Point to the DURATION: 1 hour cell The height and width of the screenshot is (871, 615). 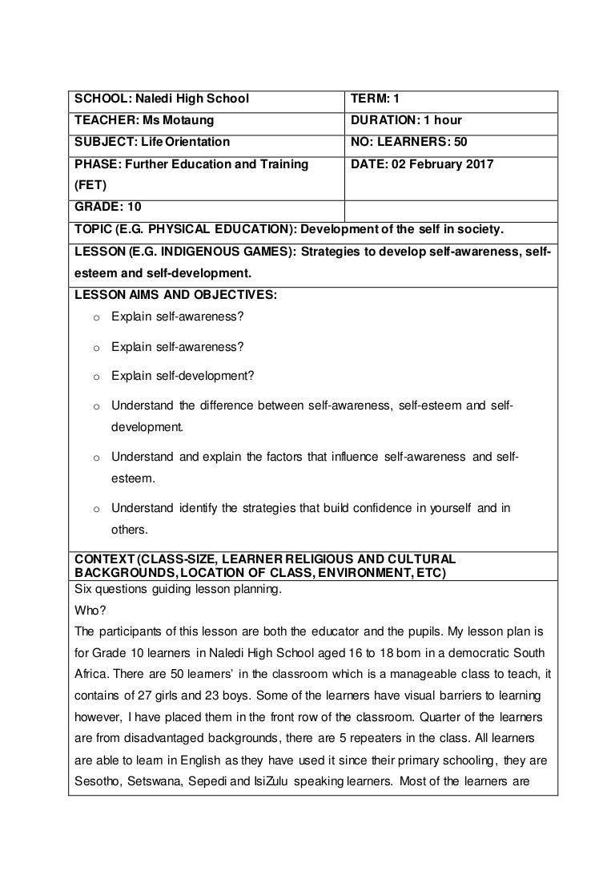click(x=406, y=121)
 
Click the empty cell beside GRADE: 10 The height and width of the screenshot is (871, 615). click(x=450, y=208)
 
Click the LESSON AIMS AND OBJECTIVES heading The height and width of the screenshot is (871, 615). click(x=175, y=295)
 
